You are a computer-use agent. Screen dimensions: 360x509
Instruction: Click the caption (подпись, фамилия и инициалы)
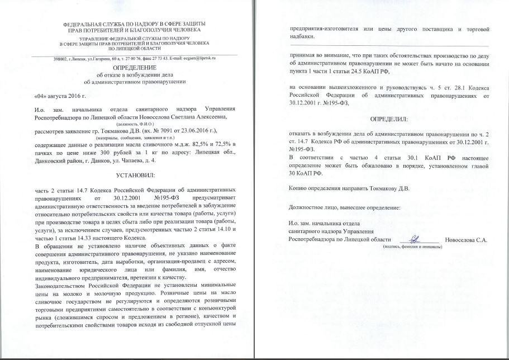412,247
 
